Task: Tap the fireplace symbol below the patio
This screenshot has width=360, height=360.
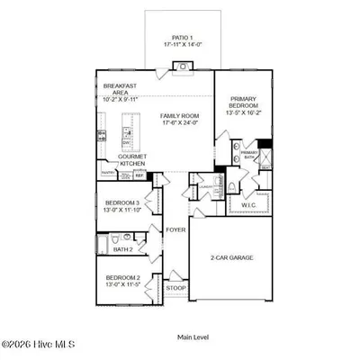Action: [181, 66]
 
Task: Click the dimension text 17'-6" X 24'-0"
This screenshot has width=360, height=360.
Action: [180, 124]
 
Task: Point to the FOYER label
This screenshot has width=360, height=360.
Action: [175, 229]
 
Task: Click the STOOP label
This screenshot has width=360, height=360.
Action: [175, 289]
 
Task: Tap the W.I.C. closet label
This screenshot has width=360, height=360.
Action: [249, 205]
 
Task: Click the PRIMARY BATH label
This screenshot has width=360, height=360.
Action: [248, 156]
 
